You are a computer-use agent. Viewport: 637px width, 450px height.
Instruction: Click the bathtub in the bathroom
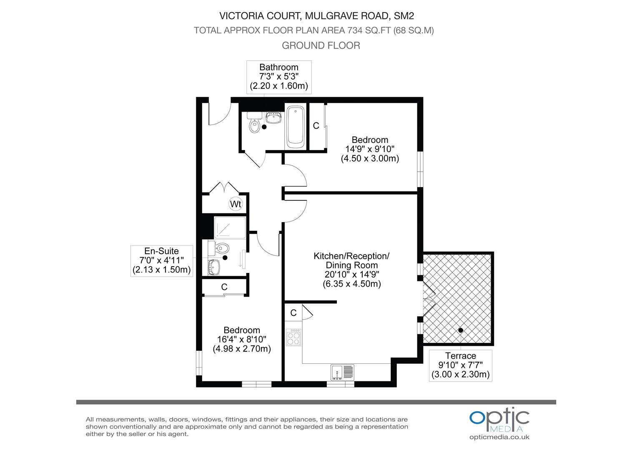pyautogui.click(x=295, y=127)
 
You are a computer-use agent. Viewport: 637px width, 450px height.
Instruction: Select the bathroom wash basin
pyautogui.click(x=273, y=117)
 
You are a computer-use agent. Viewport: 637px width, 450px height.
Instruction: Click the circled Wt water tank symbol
pyautogui.click(x=236, y=204)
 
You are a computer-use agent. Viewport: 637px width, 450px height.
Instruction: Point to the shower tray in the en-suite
pyautogui.click(x=230, y=228)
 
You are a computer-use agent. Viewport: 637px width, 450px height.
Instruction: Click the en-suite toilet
pyautogui.click(x=218, y=248)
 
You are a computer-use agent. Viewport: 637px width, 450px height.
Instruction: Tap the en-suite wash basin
pyautogui.click(x=214, y=267)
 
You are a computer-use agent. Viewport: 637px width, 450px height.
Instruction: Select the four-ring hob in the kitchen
pyautogui.click(x=293, y=337)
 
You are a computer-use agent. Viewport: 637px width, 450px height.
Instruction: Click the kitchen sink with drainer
pyautogui.click(x=342, y=372)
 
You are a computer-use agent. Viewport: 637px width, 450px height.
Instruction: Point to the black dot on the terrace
pyautogui.click(x=461, y=330)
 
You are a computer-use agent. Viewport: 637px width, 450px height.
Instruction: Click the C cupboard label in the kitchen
pyautogui.click(x=293, y=313)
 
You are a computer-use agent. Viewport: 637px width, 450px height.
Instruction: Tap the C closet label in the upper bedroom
pyautogui.click(x=316, y=126)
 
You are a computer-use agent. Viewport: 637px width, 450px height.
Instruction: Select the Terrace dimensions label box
pyautogui.click(x=460, y=365)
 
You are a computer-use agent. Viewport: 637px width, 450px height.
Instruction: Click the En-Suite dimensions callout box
pyautogui.click(x=161, y=261)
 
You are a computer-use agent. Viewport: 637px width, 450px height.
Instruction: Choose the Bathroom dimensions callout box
pyautogui.click(x=279, y=77)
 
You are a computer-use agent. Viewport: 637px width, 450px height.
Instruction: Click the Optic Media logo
pyautogui.click(x=499, y=420)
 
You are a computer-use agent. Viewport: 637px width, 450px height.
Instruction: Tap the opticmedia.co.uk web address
pyautogui.click(x=499, y=437)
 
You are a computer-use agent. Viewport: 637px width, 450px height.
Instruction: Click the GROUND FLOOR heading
pyautogui.click(x=321, y=45)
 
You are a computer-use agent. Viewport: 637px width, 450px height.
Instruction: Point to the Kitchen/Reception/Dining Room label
pyautogui.click(x=351, y=260)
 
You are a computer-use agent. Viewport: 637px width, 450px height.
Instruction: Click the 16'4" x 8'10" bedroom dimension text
pyautogui.click(x=242, y=339)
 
